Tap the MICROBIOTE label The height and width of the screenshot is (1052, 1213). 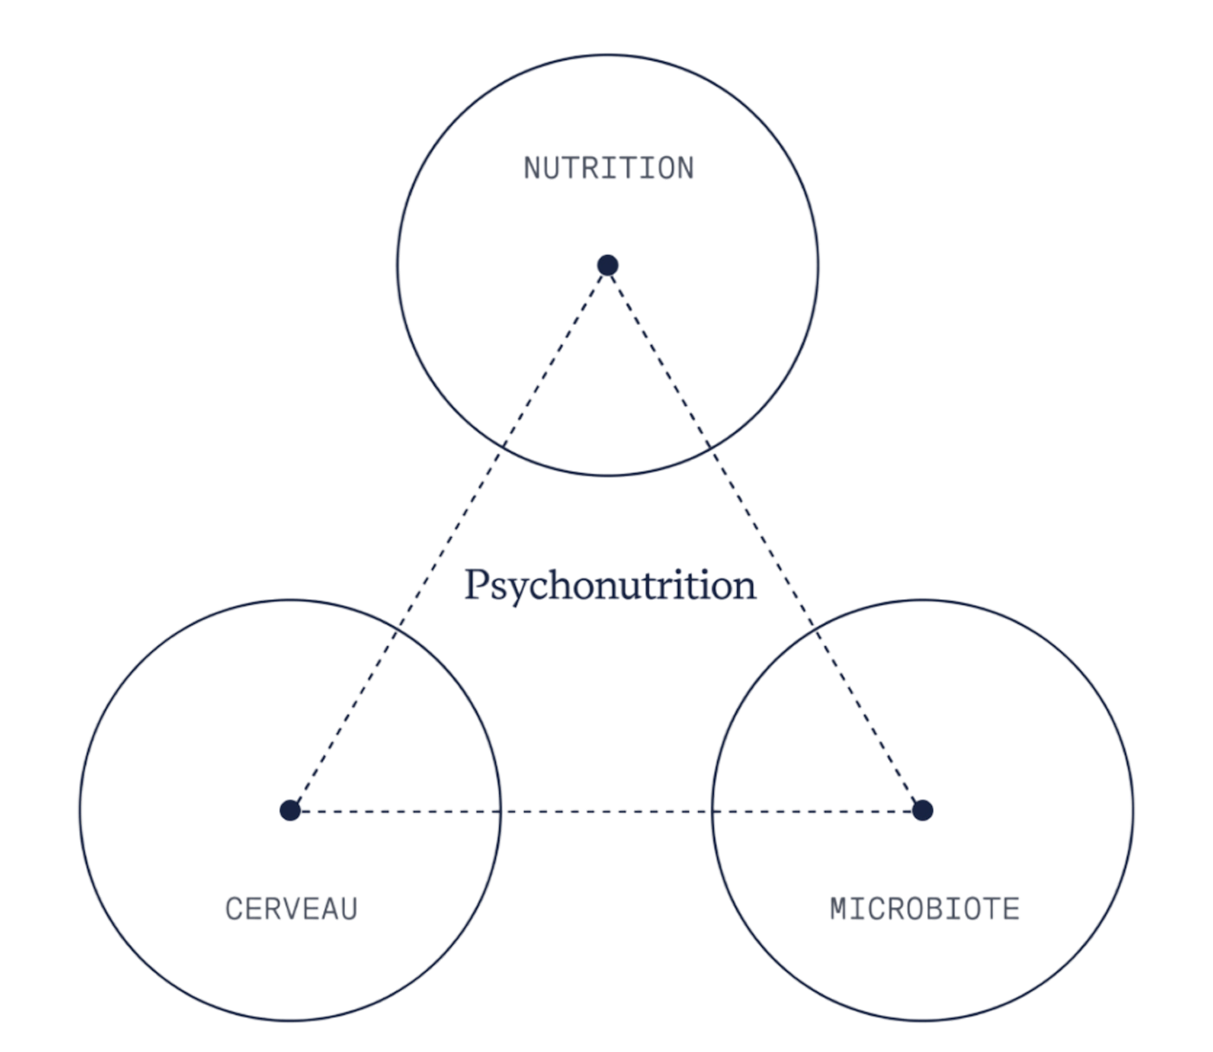click(925, 909)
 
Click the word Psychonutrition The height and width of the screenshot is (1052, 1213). click(610, 586)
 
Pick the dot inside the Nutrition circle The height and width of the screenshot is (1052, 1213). click(608, 265)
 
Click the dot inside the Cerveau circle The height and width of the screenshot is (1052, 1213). click(290, 810)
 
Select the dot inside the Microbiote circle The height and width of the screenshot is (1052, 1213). click(922, 810)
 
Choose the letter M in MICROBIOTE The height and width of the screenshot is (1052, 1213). click(839, 909)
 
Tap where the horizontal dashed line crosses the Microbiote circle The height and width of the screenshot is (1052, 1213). click(711, 810)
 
